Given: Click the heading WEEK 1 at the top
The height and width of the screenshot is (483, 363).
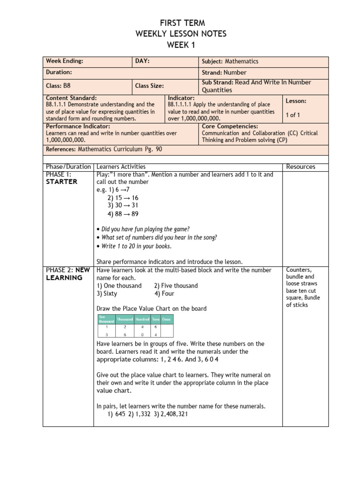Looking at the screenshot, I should click(181, 45).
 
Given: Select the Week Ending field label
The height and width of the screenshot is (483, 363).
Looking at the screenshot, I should click(64, 61).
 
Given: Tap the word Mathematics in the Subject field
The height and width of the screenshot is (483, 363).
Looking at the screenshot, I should click(242, 61).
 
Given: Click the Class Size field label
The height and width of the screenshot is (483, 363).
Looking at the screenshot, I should click(149, 86).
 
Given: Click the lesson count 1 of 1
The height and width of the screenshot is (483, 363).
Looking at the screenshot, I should click(293, 115).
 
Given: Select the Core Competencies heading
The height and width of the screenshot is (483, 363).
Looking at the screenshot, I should click(230, 126).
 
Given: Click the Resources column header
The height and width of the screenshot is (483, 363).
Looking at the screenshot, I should click(301, 167).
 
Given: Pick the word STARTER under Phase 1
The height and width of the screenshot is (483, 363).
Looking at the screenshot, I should click(61, 182).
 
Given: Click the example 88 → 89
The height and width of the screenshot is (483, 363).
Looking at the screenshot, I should click(123, 214).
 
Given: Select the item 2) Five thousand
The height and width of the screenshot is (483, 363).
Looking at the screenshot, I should click(176, 286).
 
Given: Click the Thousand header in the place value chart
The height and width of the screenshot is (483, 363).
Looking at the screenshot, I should click(125, 319).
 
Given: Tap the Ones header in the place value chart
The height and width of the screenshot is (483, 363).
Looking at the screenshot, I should click(166, 319).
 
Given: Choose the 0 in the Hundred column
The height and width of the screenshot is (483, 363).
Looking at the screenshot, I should click(142, 334).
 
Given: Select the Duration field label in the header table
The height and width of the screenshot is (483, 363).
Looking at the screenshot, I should click(59, 73).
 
